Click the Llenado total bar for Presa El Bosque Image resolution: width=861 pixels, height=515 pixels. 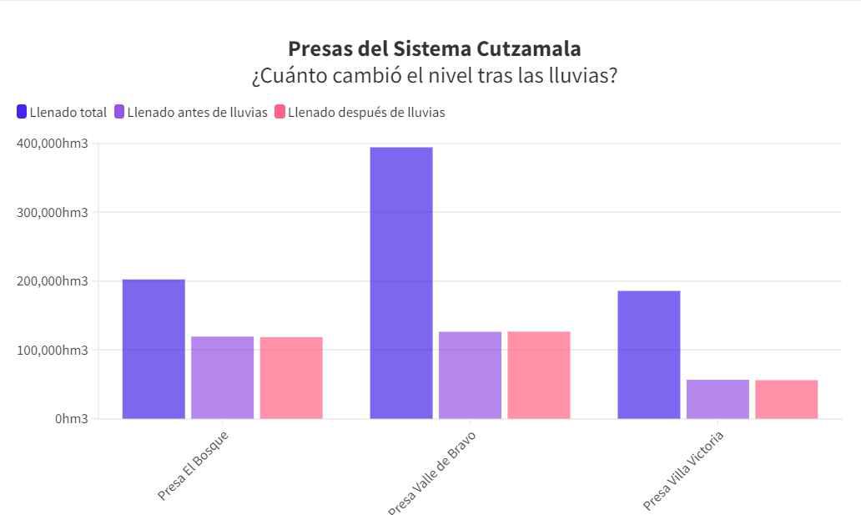154,349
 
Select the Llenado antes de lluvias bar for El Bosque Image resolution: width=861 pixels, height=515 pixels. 222,377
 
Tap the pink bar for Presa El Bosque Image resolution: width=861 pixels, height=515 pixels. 291,377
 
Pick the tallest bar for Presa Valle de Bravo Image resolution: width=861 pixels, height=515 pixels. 401,283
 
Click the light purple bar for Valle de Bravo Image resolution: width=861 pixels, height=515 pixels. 470,375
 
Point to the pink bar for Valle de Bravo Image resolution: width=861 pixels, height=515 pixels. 539,375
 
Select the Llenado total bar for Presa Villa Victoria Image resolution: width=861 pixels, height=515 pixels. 649,355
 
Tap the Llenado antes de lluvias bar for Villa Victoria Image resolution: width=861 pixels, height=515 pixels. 717,399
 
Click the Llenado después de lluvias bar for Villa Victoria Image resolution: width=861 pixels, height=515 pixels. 787,399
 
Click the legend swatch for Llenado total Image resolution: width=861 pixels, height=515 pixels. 22,112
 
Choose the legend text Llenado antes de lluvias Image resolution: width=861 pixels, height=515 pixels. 197,113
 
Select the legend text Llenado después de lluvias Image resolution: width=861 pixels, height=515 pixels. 366,113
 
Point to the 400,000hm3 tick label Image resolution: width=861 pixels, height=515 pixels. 52,144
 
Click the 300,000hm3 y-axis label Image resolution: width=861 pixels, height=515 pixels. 52,212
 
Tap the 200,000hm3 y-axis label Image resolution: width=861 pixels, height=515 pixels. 52,281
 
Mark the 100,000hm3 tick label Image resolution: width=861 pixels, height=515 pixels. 52,350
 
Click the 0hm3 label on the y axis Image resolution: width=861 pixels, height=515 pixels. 71,419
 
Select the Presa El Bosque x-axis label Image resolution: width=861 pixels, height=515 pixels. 193,465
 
